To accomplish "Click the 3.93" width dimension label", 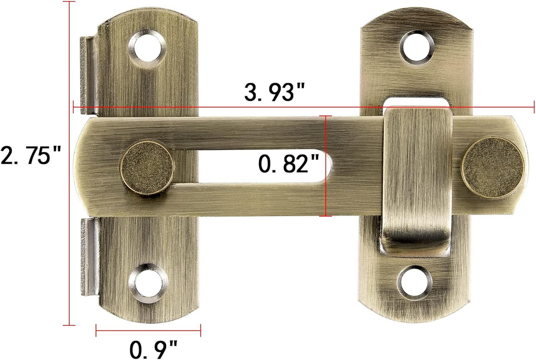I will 274,92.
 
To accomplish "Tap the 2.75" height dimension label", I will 31,156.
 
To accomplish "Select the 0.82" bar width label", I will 288,164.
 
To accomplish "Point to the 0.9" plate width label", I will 153,349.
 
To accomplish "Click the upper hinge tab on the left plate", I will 87,75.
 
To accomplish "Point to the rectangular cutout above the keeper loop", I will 416,102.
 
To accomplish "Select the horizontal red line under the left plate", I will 148,330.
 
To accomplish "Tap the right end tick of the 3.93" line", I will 534,107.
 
